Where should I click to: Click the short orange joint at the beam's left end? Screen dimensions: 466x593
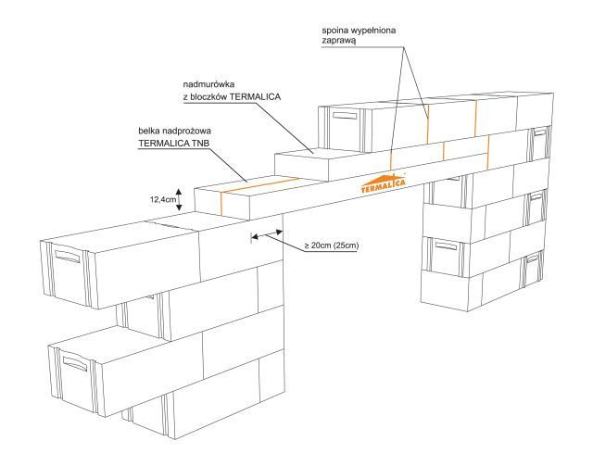[x=222, y=203]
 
